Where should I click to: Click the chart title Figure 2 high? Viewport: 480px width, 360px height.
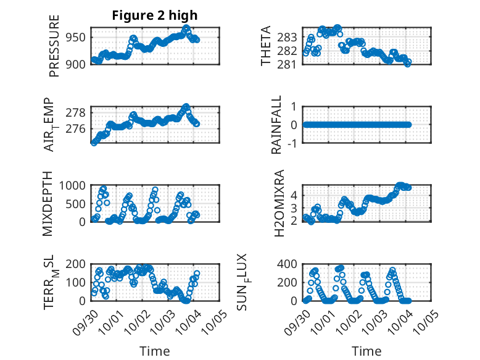(x=155, y=15)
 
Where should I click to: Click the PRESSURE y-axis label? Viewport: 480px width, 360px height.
(x=54, y=50)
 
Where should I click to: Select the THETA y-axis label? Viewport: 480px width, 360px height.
(x=266, y=46)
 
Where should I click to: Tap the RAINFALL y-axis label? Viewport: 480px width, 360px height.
(x=277, y=125)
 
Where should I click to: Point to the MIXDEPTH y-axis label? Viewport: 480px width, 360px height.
(x=48, y=204)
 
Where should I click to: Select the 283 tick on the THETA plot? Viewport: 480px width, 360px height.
(x=291, y=36)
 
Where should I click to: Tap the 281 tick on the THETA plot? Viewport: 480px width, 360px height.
(x=291, y=64)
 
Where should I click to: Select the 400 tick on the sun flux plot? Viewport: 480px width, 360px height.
(x=289, y=264)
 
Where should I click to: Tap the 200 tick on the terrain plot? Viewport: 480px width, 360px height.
(x=76, y=264)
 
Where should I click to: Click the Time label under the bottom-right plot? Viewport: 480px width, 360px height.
(x=366, y=351)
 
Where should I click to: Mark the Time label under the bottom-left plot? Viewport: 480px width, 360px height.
(x=154, y=351)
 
